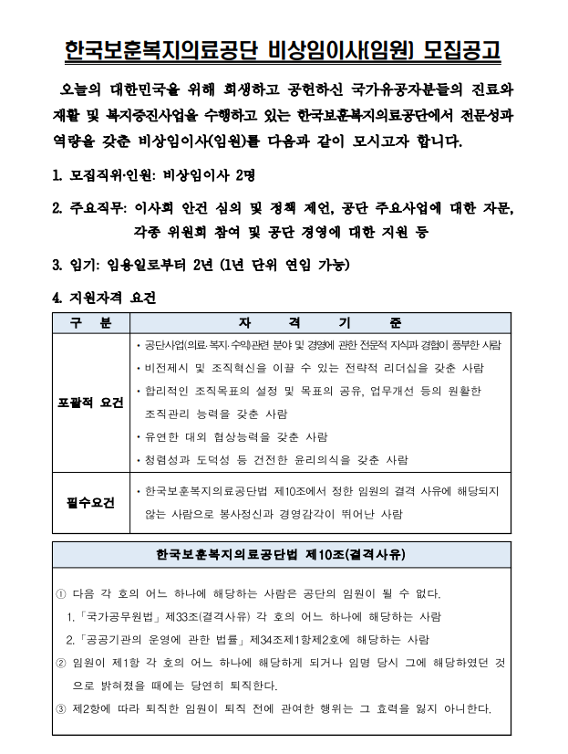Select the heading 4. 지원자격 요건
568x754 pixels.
coord(105,298)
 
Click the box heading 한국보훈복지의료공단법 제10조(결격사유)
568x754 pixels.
coord(280,554)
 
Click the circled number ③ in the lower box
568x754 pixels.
coord(60,708)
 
